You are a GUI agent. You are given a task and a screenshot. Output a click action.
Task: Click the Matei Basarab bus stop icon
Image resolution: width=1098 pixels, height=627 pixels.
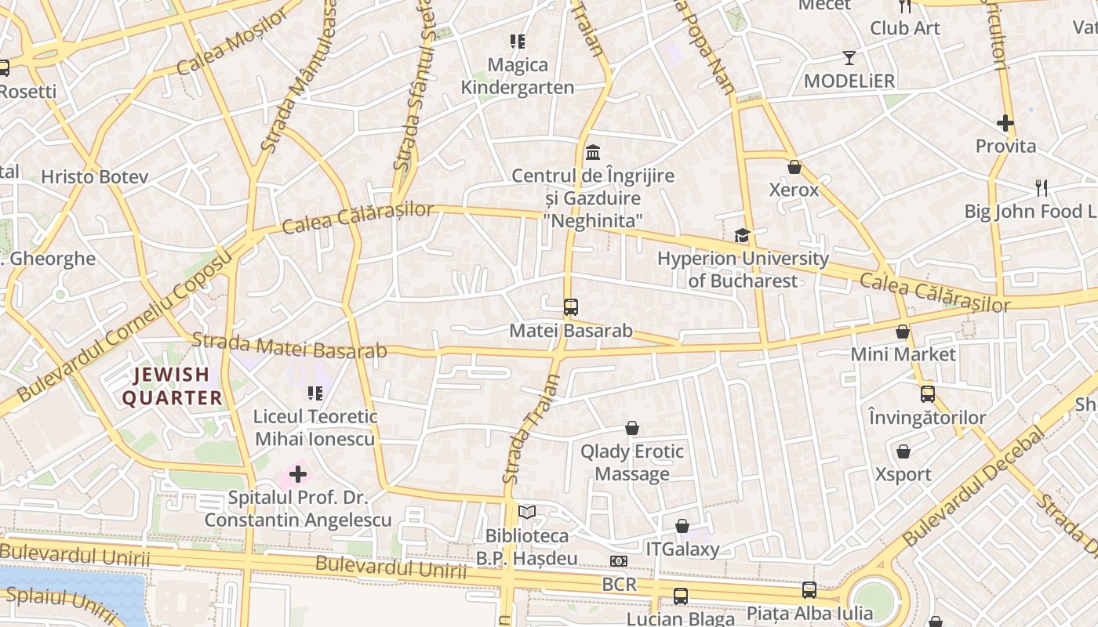(570, 307)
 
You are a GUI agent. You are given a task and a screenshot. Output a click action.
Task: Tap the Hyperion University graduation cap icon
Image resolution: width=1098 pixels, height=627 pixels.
(741, 235)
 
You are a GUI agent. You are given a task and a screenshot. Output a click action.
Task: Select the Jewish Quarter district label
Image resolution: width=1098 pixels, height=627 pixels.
(172, 386)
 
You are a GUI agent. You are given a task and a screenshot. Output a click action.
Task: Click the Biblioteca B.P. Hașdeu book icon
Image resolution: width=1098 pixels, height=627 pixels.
(527, 513)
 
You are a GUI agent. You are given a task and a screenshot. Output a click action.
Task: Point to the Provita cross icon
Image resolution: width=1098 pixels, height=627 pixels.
(1005, 123)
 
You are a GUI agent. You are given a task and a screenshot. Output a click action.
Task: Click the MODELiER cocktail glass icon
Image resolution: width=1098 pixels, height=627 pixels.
(849, 58)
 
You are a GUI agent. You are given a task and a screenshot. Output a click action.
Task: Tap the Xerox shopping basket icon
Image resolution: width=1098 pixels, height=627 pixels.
(794, 167)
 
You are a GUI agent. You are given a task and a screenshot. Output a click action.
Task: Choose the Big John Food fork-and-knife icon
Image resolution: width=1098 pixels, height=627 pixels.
(1041, 188)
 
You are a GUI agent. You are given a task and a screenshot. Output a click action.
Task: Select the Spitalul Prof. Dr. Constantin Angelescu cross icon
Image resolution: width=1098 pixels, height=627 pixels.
(298, 474)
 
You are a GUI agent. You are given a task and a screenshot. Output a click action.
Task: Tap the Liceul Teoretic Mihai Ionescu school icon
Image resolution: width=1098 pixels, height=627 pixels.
(315, 393)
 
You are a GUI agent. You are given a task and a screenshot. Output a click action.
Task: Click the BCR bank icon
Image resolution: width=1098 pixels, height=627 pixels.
(618, 561)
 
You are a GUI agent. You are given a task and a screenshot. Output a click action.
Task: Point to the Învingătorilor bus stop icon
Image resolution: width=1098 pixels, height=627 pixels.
(927, 393)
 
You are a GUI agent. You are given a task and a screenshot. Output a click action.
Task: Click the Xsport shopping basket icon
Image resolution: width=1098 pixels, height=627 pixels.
(903, 451)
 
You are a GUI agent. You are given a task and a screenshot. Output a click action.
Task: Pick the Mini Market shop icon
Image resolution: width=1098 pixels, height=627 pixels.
(903, 332)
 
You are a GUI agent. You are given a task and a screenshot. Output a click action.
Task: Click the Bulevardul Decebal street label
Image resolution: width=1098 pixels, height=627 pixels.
(973, 487)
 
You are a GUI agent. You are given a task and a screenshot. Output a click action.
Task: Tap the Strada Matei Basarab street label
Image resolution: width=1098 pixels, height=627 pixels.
(289, 346)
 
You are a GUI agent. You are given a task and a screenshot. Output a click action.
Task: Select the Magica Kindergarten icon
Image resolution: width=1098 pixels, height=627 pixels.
(517, 42)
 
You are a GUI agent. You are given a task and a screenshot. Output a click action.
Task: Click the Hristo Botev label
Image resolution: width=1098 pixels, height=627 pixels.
(94, 177)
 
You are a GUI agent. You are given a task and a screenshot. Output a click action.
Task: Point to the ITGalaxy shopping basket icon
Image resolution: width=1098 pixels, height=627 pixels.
(682, 526)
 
